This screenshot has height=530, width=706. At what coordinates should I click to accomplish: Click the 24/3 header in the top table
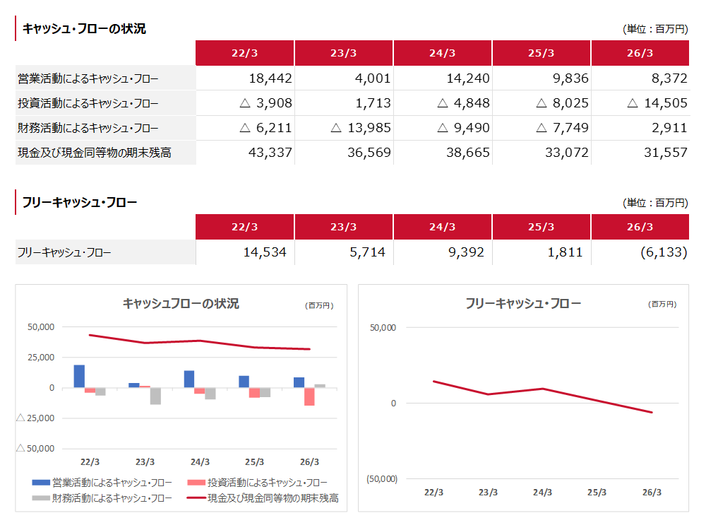(x=442, y=53)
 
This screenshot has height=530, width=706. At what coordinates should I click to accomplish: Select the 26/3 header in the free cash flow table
(x=640, y=227)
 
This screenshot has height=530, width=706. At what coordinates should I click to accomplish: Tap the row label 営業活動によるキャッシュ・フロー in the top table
(x=88, y=79)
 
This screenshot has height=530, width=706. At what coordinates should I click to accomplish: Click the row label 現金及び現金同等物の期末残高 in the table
(x=95, y=153)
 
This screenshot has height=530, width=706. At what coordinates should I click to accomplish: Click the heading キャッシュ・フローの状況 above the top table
(x=84, y=29)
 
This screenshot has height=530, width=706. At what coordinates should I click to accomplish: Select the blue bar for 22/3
(x=79, y=377)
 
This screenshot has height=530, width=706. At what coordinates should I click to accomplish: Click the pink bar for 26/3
(x=309, y=396)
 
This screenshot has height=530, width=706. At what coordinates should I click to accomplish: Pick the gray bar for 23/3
(x=155, y=396)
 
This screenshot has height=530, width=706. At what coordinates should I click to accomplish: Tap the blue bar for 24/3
(x=189, y=379)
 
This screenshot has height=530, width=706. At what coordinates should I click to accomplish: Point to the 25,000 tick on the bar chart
(x=41, y=358)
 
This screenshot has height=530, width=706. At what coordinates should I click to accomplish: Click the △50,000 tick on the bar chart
(x=35, y=449)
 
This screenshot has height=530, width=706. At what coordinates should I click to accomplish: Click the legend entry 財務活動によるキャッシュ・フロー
(x=102, y=498)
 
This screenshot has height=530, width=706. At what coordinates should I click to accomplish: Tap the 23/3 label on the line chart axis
(x=488, y=492)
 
